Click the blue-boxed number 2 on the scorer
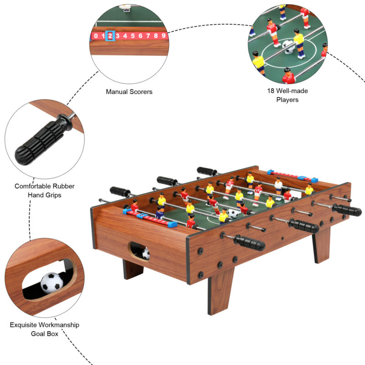110,35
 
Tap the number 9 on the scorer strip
163,35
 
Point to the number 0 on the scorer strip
96,35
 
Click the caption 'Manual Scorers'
129,92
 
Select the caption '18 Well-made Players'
287,95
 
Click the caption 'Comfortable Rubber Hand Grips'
44,190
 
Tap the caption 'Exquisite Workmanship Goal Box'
44,329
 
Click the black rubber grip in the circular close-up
42,139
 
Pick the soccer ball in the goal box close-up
52,282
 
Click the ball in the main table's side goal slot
146,254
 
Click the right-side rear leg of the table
321,245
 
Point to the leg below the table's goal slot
132,270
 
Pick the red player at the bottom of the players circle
288,77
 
